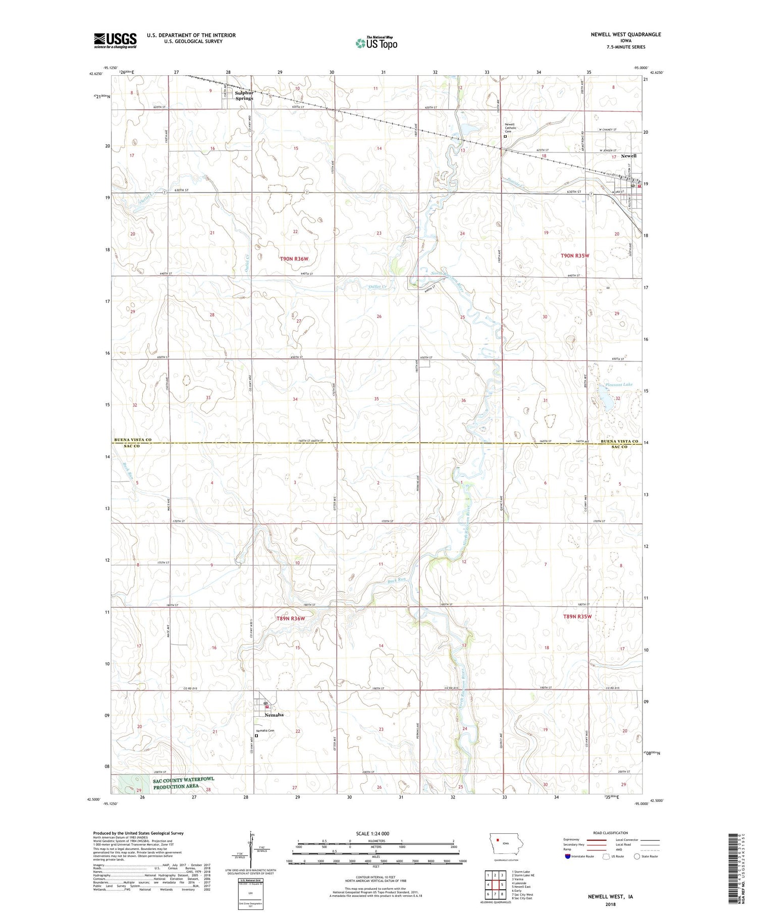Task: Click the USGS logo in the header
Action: tap(115, 40)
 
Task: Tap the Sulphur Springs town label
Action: tap(244, 96)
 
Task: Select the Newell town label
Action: tap(628, 156)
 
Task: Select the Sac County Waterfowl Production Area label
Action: tap(184, 783)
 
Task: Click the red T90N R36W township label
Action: tap(294, 259)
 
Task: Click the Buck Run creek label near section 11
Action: tap(397, 580)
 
